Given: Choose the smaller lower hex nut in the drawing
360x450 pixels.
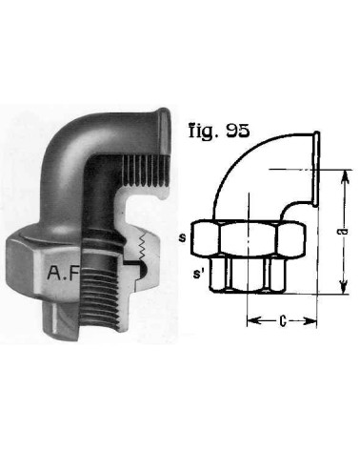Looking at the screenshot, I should (249, 276).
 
